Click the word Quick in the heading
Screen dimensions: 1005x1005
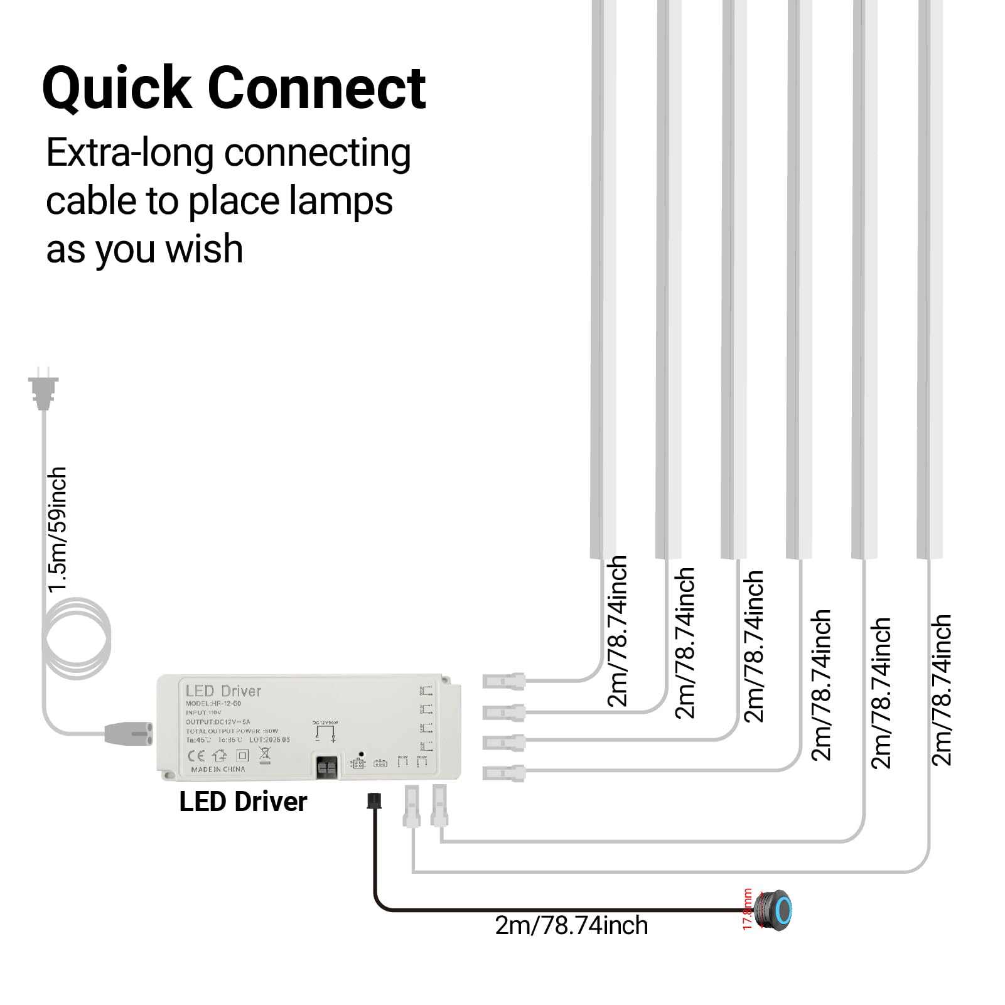tap(117, 89)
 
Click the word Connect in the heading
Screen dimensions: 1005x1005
tap(316, 89)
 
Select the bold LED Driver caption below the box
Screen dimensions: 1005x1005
tap(243, 802)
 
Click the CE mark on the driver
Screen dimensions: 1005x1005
tap(196, 755)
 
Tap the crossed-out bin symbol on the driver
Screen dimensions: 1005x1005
tap(264, 756)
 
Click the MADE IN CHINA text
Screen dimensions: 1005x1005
tap(218, 769)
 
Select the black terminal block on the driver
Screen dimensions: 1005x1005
tap(326, 767)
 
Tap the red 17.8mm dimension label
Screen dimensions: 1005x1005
tap(747, 909)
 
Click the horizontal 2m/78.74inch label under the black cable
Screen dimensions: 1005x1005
tap(571, 925)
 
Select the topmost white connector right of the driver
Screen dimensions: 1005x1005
tap(504, 680)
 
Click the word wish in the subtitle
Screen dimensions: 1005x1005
tap(204, 249)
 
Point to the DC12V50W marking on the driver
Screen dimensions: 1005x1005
tap(325, 723)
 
